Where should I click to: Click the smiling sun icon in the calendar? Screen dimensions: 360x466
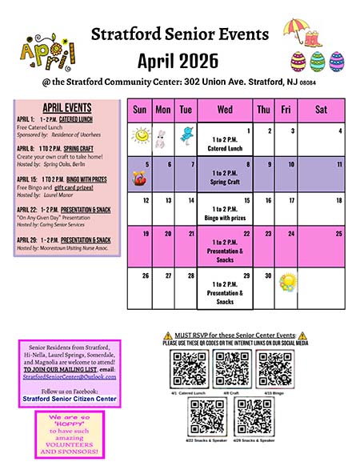tap(141, 136)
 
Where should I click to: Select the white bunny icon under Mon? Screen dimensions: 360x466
tap(162, 137)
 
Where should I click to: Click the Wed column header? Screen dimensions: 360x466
tap(225, 110)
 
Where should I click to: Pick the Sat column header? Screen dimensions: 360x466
tap(321, 110)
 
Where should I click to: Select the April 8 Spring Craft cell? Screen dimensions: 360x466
tap(225, 173)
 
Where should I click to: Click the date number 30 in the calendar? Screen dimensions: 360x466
tap(269, 277)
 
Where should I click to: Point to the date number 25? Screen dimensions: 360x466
tap(338, 234)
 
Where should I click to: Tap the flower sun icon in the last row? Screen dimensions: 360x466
tap(289, 281)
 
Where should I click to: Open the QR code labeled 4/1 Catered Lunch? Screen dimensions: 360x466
tap(190, 368)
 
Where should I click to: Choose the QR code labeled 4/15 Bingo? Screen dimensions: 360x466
tap(274, 368)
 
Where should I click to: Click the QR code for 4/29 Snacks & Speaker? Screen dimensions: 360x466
tap(253, 415)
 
